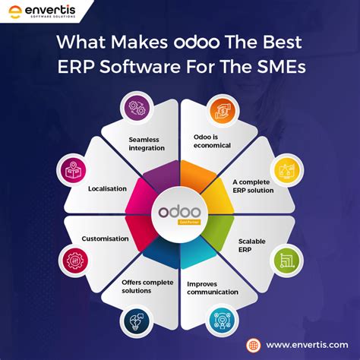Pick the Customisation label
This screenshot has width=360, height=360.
click(106, 238)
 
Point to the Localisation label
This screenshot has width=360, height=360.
click(107, 188)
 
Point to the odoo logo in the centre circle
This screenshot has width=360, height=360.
click(180, 210)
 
